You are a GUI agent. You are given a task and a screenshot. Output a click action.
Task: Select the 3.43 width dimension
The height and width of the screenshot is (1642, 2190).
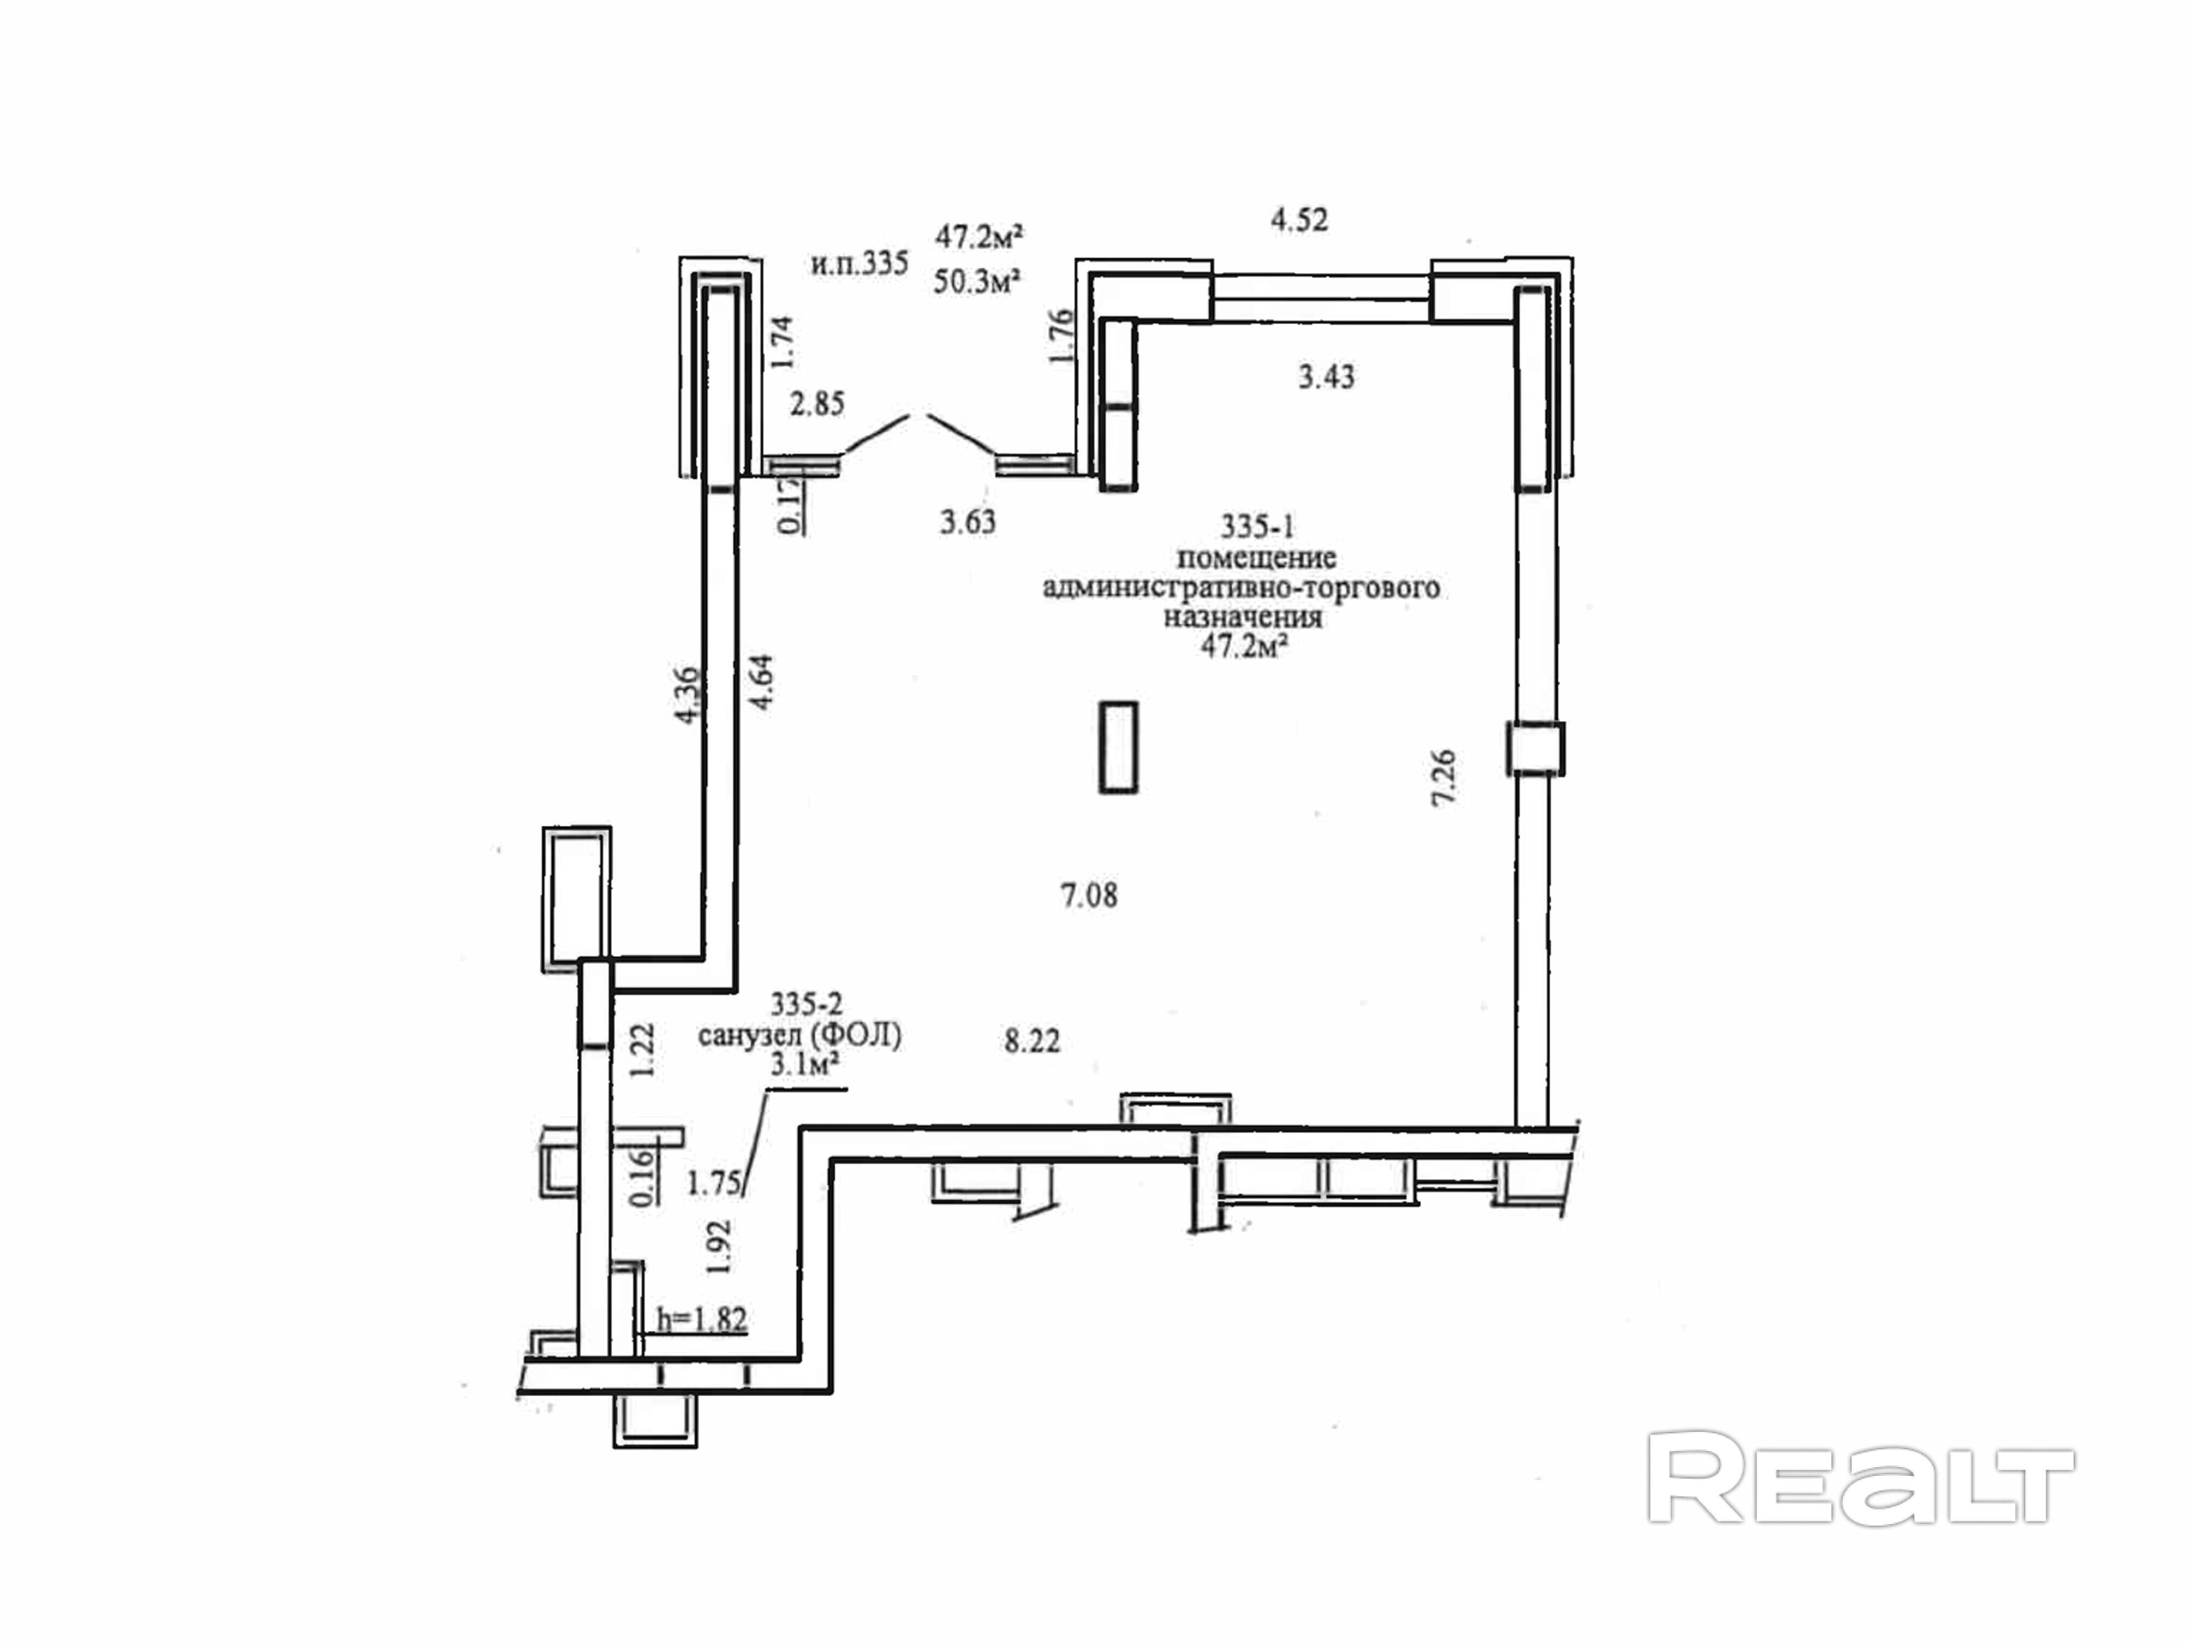(x=1326, y=377)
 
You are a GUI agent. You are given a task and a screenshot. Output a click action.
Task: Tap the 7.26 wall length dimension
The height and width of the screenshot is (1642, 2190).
(x=1444, y=777)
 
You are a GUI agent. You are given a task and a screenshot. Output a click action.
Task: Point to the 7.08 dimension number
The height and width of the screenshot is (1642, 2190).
(x=1089, y=896)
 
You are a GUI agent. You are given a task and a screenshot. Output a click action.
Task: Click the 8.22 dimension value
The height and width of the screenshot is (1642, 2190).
(x=1031, y=1041)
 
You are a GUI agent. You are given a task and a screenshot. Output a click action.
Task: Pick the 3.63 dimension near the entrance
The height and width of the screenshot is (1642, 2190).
(x=967, y=522)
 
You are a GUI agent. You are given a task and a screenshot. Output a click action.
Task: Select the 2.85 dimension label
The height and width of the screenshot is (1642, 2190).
(x=817, y=404)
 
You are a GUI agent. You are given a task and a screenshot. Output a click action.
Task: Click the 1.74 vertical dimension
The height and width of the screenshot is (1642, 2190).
(x=782, y=342)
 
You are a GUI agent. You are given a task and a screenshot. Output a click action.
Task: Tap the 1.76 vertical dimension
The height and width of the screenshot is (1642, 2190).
(x=1061, y=337)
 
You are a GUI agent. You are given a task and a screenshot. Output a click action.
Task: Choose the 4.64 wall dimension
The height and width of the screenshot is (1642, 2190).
(x=762, y=683)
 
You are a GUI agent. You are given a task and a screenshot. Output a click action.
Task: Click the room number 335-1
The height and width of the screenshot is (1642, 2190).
(x=1257, y=526)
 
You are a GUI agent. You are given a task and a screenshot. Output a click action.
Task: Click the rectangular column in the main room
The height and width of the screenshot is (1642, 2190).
(x=1119, y=747)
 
